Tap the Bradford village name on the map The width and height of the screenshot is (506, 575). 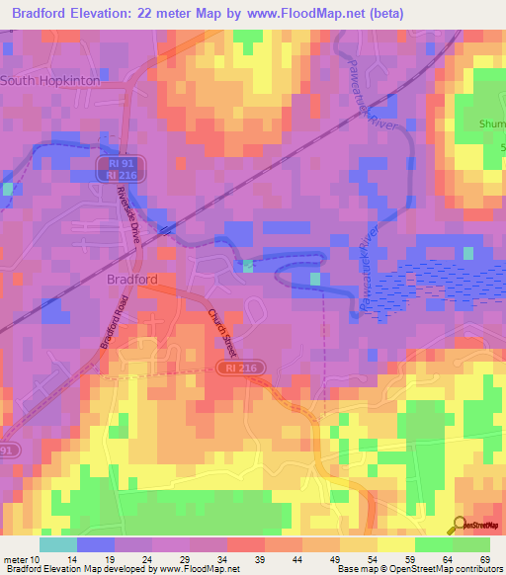[130, 280]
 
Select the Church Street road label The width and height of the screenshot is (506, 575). [222, 333]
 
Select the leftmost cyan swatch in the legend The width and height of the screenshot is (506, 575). [58, 544]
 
